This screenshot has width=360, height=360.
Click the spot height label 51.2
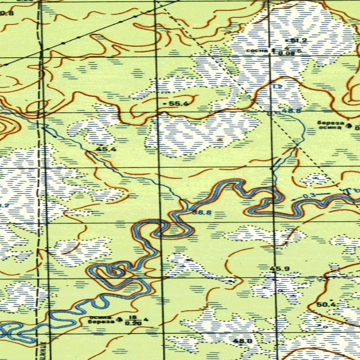tap(300, 40)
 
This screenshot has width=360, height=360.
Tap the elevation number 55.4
tap(179, 104)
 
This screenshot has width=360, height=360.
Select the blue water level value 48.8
tap(291, 111)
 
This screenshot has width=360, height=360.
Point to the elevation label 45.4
tap(106, 149)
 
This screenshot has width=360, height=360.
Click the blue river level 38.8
tap(202, 212)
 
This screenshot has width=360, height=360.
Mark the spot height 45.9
tap(280, 269)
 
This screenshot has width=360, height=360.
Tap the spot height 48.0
tap(245, 341)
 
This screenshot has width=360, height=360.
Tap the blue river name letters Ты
tap(350, 191)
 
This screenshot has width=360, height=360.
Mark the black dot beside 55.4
tap(166, 104)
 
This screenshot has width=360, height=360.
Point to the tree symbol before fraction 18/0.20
tap(120, 320)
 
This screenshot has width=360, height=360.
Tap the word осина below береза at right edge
tap(329, 127)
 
